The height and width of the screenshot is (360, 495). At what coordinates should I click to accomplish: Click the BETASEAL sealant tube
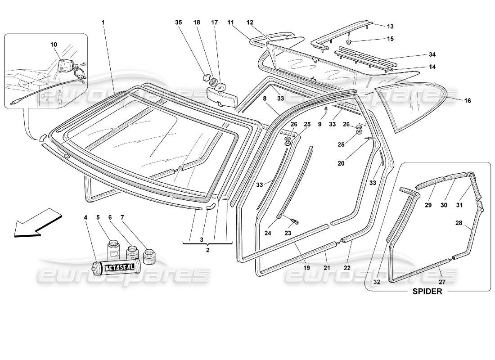117,268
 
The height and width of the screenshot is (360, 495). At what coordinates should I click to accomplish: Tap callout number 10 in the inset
54,44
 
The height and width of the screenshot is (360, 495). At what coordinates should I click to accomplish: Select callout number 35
179,22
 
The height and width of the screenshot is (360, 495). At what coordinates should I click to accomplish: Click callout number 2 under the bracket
208,250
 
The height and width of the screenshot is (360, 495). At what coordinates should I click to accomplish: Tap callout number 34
432,54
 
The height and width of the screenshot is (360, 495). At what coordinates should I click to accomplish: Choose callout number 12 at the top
250,22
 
